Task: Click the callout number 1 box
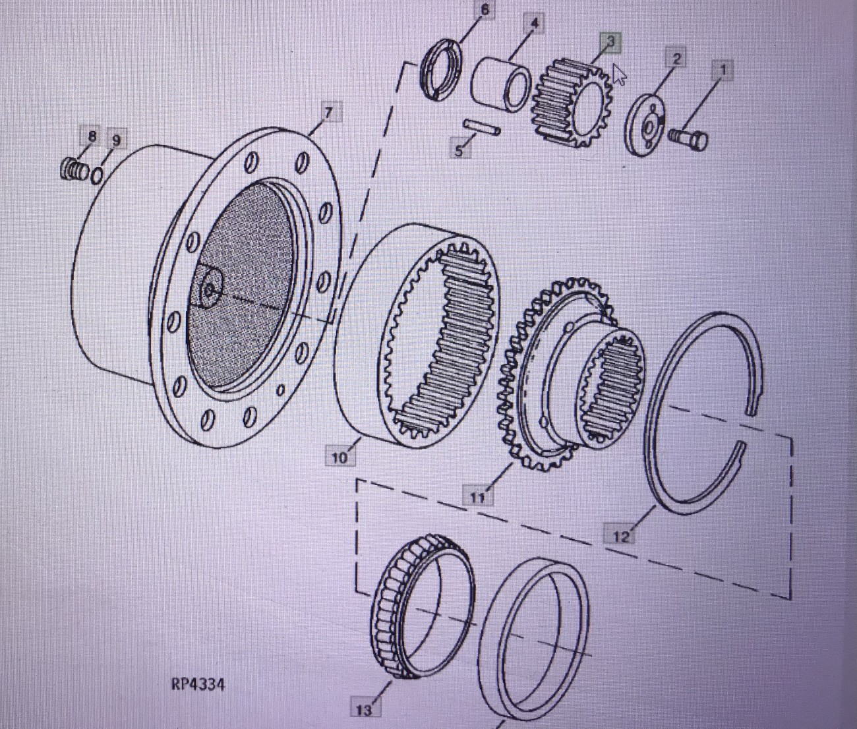click(723, 71)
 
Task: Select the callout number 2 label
click(676, 57)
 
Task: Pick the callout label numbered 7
click(328, 112)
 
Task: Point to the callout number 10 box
click(340, 457)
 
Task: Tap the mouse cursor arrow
click(620, 74)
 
